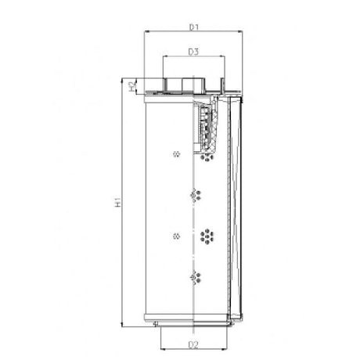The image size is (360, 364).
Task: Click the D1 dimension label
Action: click(193, 27)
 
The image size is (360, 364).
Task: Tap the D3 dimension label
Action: click(193, 52)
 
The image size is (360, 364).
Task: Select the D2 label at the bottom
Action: click(193, 344)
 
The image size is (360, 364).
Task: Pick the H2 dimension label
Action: click(130, 86)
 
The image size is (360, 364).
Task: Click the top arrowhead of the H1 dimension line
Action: click(124, 80)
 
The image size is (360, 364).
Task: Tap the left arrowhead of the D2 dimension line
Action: click(163, 349)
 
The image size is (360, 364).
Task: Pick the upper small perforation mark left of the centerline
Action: click(176, 153)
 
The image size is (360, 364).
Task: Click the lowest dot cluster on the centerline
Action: click(195, 276)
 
